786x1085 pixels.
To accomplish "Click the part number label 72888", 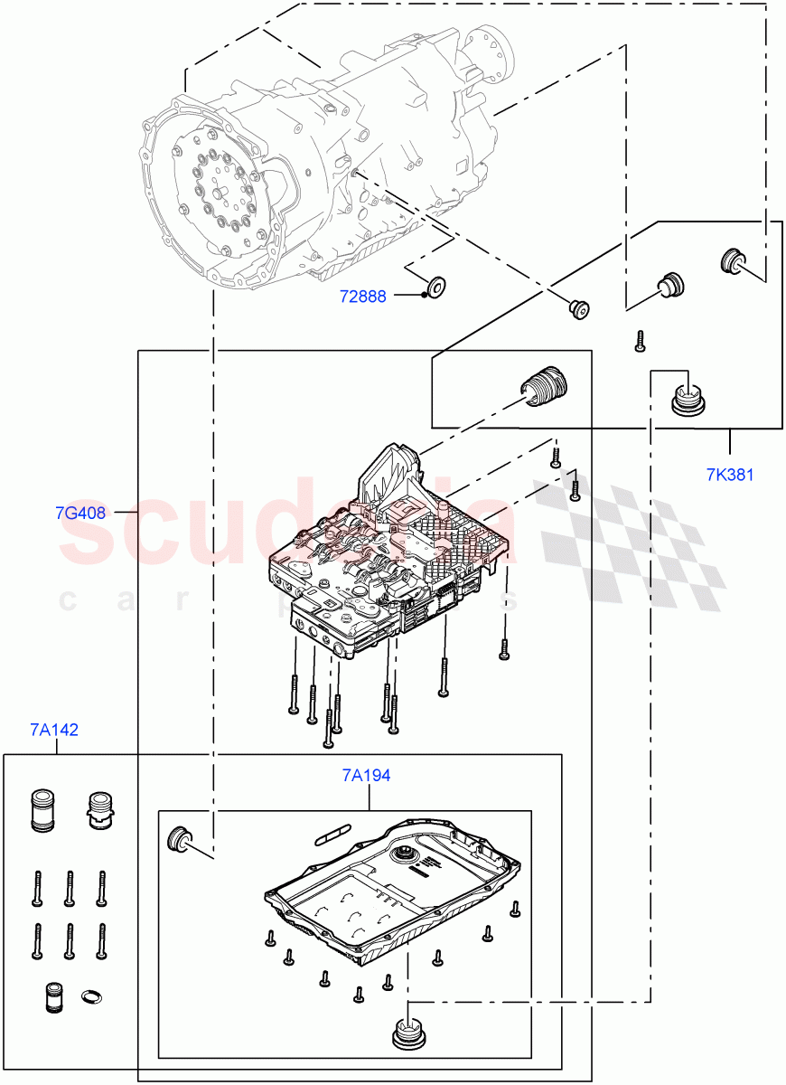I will [x=362, y=296].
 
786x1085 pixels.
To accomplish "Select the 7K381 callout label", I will [x=730, y=475].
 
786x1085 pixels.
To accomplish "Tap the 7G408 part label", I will [x=80, y=513].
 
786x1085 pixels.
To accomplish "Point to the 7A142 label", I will [x=53, y=730].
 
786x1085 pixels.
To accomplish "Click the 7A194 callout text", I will [x=366, y=776].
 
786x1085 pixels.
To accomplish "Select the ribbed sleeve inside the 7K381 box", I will [x=544, y=387].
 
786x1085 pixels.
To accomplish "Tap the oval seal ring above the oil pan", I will [x=332, y=833].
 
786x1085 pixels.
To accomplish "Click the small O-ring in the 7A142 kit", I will [x=92, y=997].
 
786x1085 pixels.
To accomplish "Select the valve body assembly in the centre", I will [x=388, y=561].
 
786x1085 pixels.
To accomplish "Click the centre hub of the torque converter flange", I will [x=219, y=192].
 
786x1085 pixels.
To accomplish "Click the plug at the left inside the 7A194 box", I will [x=180, y=838].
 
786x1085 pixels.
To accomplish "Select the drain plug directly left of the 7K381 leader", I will [x=690, y=399].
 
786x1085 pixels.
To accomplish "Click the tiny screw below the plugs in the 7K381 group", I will [x=639, y=340].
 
